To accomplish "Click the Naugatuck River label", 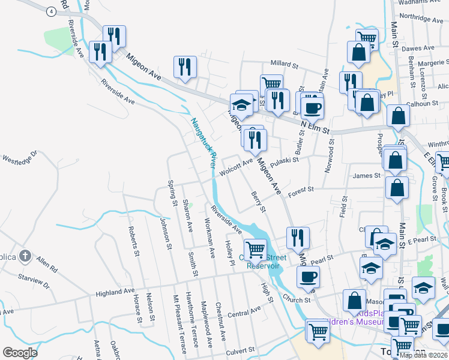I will pyautogui.click(x=203, y=142).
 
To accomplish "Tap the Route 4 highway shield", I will pyautogui.click(x=52, y=11).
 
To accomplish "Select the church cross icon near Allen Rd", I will pyautogui.click(x=25, y=257).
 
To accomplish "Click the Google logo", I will pyautogui.click(x=20, y=353).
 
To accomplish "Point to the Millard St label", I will pyautogui.click(x=284, y=64).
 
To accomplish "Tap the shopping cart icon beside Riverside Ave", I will pyautogui.click(x=256, y=248).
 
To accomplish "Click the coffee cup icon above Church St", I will pyautogui.click(x=309, y=277).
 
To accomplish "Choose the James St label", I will pyautogui.click(x=367, y=176).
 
